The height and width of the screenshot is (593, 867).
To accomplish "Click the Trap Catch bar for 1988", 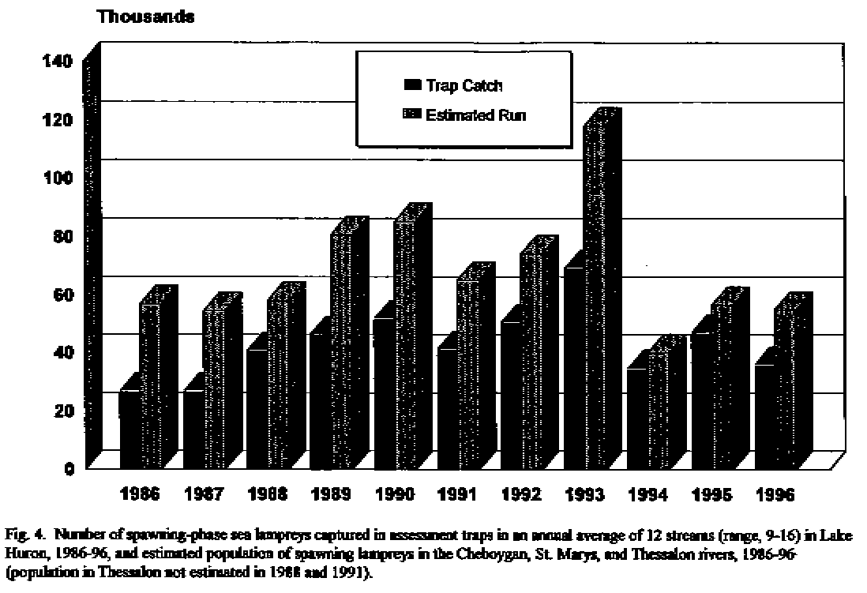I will click(x=257, y=408).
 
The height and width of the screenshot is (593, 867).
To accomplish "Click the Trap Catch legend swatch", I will click(x=412, y=85).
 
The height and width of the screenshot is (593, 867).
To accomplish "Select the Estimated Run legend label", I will click(x=475, y=115).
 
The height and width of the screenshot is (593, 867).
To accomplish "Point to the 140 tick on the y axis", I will click(x=62, y=62).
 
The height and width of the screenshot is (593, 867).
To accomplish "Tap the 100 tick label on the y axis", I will click(x=62, y=178).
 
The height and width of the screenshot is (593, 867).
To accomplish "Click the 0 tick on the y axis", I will click(x=69, y=469).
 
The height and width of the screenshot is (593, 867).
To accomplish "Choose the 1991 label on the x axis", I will click(x=458, y=496).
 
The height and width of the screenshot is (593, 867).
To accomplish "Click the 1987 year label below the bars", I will click(x=204, y=496).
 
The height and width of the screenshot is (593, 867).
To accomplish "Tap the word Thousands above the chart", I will click(x=145, y=17).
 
